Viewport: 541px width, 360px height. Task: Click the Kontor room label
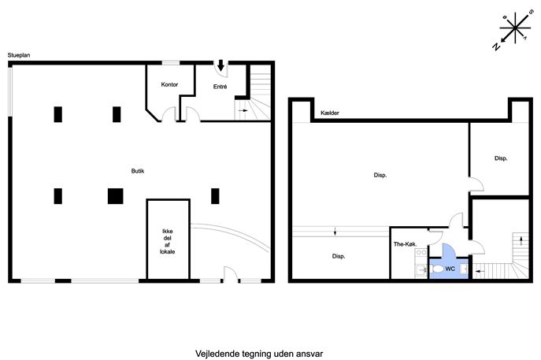(169, 84)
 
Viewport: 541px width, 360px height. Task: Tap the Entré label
(220, 87)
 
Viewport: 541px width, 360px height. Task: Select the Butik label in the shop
(138, 171)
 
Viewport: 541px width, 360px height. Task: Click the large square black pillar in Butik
(115, 196)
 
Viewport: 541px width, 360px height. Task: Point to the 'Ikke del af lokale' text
(167, 241)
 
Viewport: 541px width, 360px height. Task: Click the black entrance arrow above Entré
(220, 65)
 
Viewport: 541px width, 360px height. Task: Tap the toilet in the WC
(436, 269)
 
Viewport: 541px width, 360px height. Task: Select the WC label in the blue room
(450, 269)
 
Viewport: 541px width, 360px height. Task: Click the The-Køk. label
(406, 244)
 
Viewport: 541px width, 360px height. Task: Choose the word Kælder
(330, 113)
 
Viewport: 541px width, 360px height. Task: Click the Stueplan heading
(19, 55)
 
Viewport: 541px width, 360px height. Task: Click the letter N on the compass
(496, 46)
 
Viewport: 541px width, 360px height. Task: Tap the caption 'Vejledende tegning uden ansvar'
(259, 354)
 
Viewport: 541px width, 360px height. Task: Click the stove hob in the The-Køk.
(421, 253)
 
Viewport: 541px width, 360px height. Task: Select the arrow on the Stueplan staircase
(243, 110)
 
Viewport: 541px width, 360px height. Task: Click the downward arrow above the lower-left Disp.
(335, 232)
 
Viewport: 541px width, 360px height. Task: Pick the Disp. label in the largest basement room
(380, 176)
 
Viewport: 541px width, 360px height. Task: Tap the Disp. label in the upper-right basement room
(501, 158)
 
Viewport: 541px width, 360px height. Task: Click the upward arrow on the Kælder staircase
(521, 241)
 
